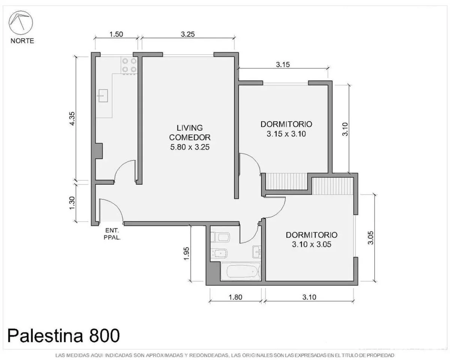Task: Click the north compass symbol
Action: click(21, 22)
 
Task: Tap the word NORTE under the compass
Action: click(22, 41)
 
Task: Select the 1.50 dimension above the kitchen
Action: click(116, 34)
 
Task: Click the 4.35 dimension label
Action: click(72, 118)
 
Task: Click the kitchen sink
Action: click(103, 96)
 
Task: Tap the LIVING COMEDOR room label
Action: click(190, 132)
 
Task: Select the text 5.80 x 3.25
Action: click(190, 147)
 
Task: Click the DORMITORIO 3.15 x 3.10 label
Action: click(286, 129)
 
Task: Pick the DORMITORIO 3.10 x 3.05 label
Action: click(312, 240)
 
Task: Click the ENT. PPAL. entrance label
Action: click(112, 234)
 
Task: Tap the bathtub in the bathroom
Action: click(240, 271)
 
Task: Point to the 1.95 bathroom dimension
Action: click(186, 254)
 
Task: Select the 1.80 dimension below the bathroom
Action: click(235, 297)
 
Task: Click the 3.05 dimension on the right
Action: click(370, 238)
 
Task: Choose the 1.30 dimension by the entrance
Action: click(72, 203)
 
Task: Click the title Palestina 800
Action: click(63, 336)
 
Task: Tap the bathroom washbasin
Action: click(257, 252)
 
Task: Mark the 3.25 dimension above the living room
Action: click(188, 34)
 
